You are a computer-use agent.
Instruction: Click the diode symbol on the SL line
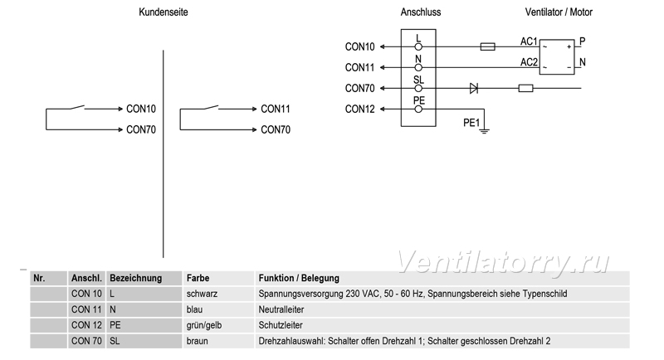474,89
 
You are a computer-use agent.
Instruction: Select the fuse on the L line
488,46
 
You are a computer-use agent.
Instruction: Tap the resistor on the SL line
526,89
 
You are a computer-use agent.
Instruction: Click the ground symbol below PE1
484,131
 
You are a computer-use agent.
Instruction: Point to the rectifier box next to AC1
557,57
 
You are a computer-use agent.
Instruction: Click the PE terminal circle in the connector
418,109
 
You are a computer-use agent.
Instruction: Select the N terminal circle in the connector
418,68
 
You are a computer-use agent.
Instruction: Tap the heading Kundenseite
164,12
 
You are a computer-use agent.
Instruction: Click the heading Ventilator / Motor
559,12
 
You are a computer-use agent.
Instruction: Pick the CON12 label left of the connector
360,109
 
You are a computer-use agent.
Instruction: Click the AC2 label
529,62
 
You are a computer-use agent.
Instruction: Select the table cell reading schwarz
202,294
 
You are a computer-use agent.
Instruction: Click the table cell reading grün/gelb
204,325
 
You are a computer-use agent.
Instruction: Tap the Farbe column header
198,278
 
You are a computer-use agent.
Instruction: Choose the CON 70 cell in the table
86,341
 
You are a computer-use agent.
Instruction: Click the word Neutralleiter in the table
281,309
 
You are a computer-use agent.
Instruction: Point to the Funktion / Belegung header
299,278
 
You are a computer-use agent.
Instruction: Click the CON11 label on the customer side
276,109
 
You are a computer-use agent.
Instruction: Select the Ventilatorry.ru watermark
503,262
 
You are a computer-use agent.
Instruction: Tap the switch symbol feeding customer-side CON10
77,107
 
